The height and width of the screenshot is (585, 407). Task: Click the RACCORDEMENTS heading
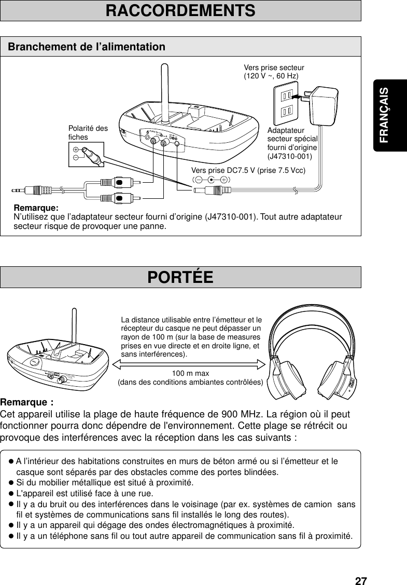coord(180,10)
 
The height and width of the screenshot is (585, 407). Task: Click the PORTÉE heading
coord(180,277)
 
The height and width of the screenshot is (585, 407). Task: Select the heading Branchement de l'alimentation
coord(87,47)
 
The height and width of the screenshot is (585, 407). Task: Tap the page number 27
coord(361,580)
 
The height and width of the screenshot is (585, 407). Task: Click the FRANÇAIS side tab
coord(384,115)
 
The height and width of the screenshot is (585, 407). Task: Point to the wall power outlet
coord(287,103)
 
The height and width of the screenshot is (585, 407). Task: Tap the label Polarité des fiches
coord(88,133)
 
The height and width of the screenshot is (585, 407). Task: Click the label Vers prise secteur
coord(274,67)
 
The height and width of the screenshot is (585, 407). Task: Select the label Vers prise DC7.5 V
coord(248,170)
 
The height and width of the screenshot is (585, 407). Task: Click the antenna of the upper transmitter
coord(164,88)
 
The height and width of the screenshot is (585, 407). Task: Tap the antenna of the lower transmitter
coord(73,327)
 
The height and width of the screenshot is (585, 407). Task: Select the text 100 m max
coord(191,373)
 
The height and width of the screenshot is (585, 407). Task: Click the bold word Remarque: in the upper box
coord(36,208)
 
